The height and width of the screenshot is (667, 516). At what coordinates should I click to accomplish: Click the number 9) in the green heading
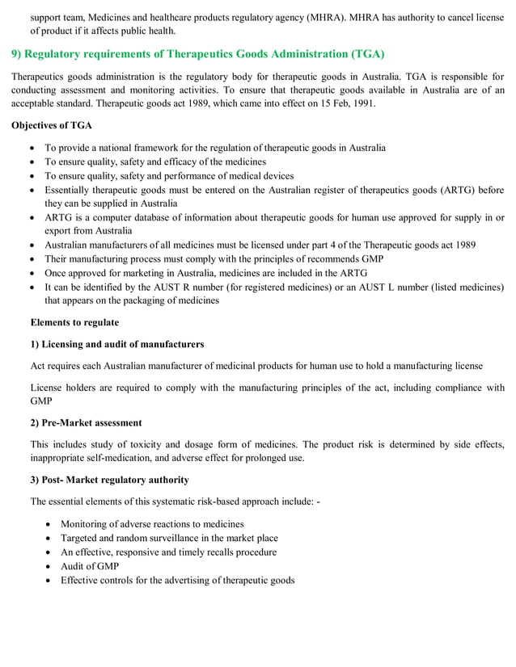click(x=16, y=54)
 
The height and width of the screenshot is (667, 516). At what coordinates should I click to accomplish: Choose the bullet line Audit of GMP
click(x=90, y=566)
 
